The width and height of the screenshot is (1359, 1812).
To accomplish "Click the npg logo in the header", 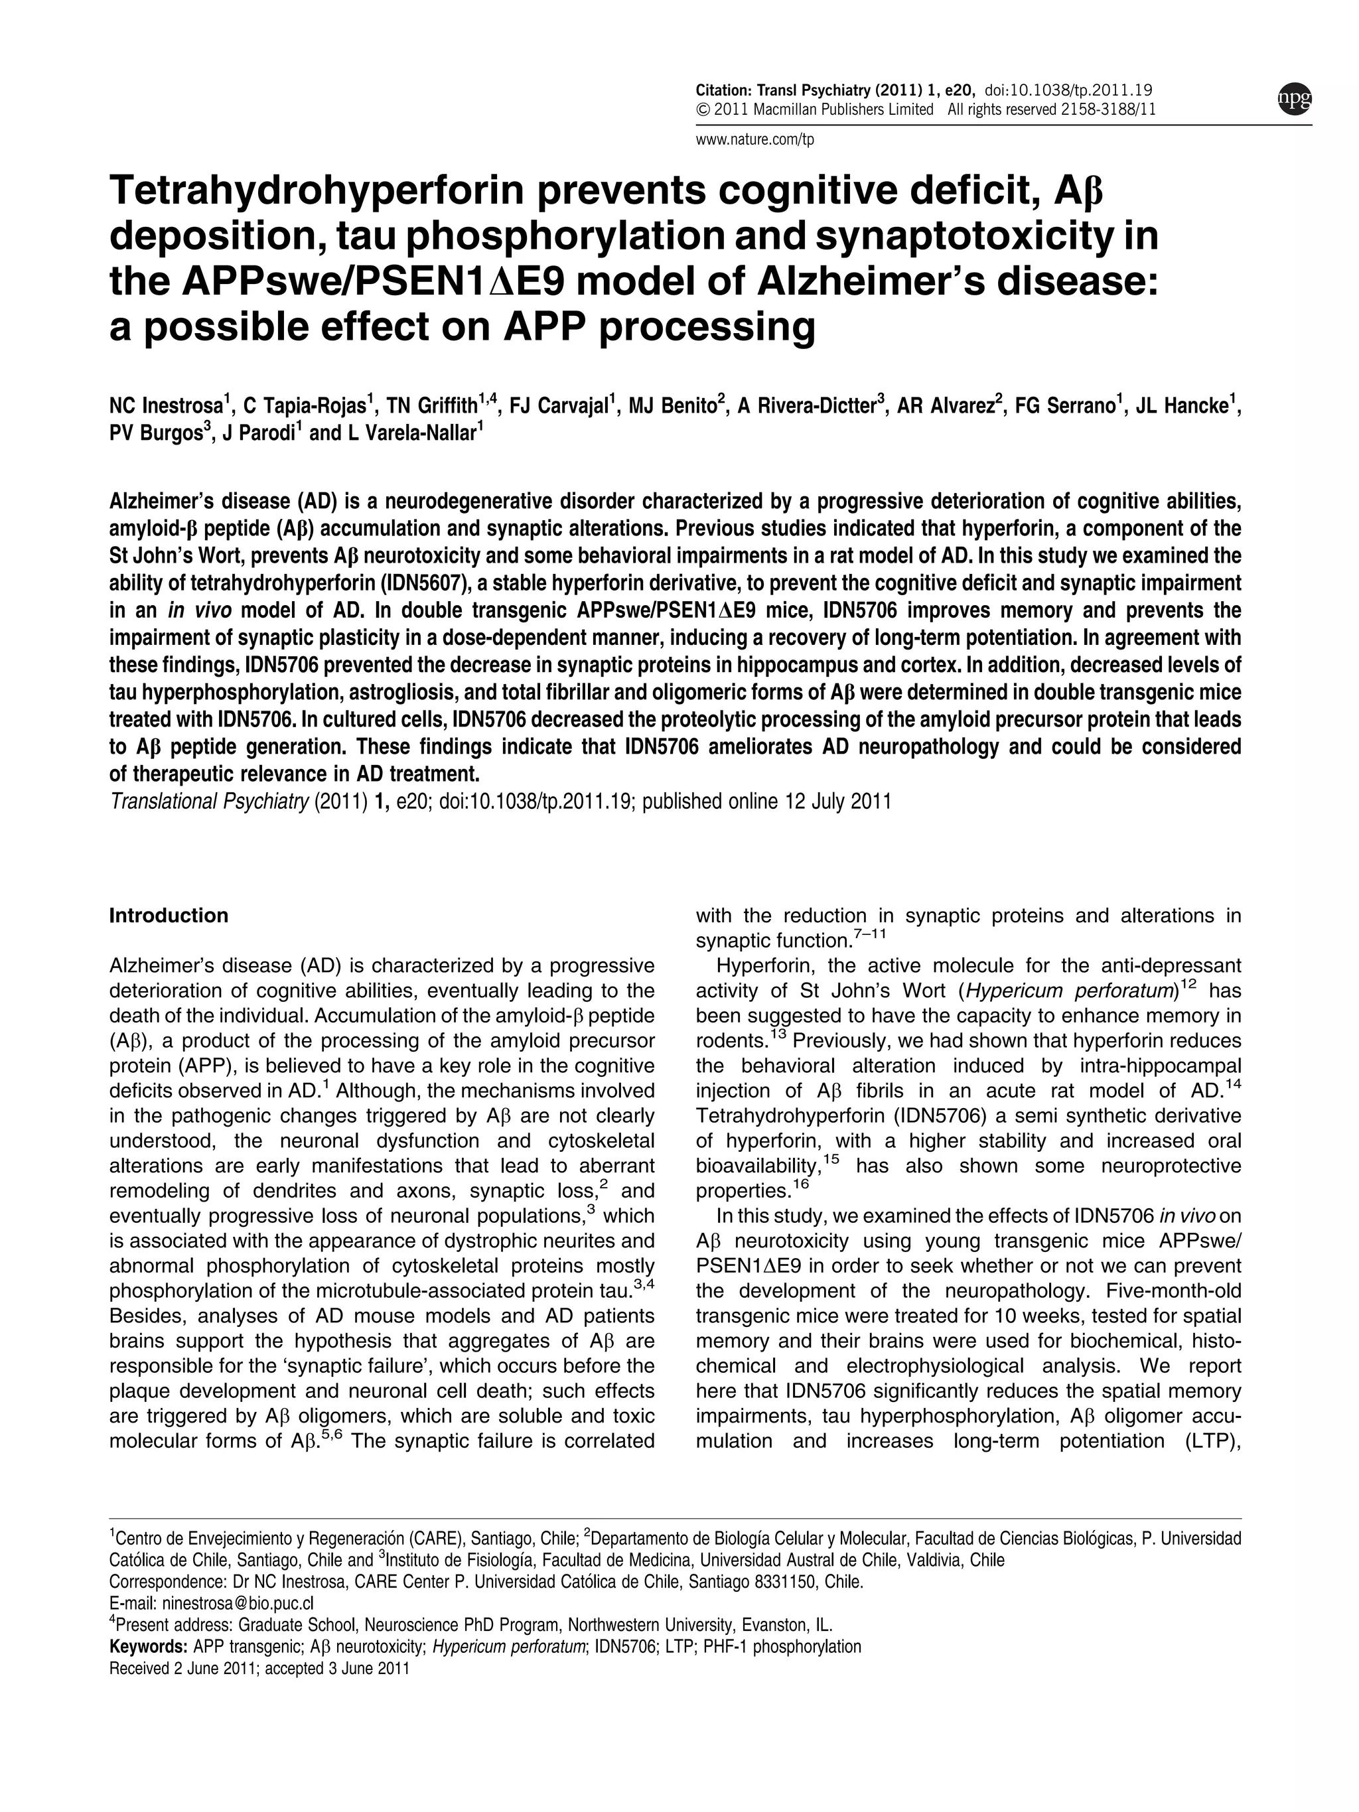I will (1294, 98).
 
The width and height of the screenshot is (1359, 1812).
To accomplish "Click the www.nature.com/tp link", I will (754, 139).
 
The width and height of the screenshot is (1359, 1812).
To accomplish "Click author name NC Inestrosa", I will (165, 406).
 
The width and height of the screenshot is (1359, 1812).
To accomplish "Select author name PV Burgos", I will (154, 433).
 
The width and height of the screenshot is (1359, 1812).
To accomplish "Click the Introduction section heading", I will (169, 916).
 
